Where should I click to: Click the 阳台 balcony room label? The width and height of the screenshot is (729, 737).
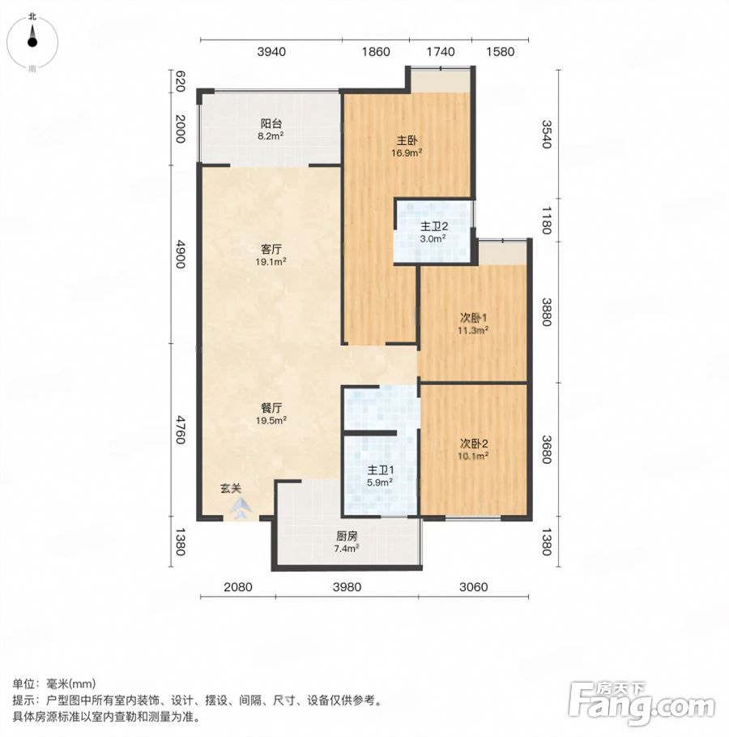(x=271, y=123)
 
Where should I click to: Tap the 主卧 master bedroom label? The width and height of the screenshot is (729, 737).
(x=407, y=140)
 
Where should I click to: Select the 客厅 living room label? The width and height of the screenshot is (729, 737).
(x=271, y=249)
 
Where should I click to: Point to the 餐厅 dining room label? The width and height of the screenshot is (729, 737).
(x=271, y=408)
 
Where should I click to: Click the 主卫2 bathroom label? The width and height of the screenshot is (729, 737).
(x=433, y=226)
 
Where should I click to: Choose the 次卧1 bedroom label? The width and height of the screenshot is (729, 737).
(x=474, y=318)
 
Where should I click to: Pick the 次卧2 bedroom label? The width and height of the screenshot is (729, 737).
(x=474, y=443)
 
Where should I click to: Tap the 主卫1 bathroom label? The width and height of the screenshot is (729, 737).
(x=381, y=469)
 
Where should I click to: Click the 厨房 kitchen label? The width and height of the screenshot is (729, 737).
(x=347, y=536)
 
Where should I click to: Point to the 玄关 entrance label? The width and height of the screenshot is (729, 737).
(x=231, y=488)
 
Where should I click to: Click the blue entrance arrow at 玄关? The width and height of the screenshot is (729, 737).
(x=241, y=508)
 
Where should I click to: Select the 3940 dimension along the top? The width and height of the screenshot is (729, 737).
(x=271, y=52)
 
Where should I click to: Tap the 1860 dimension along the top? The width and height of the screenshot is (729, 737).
(x=376, y=52)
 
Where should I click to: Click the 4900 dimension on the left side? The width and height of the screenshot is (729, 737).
(x=180, y=255)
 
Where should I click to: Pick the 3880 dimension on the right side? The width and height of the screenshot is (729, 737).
(x=546, y=311)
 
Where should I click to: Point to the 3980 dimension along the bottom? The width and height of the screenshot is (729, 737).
(x=347, y=586)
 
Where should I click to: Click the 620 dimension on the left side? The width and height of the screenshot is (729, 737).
(x=180, y=81)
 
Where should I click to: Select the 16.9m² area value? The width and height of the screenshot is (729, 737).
(x=407, y=152)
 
